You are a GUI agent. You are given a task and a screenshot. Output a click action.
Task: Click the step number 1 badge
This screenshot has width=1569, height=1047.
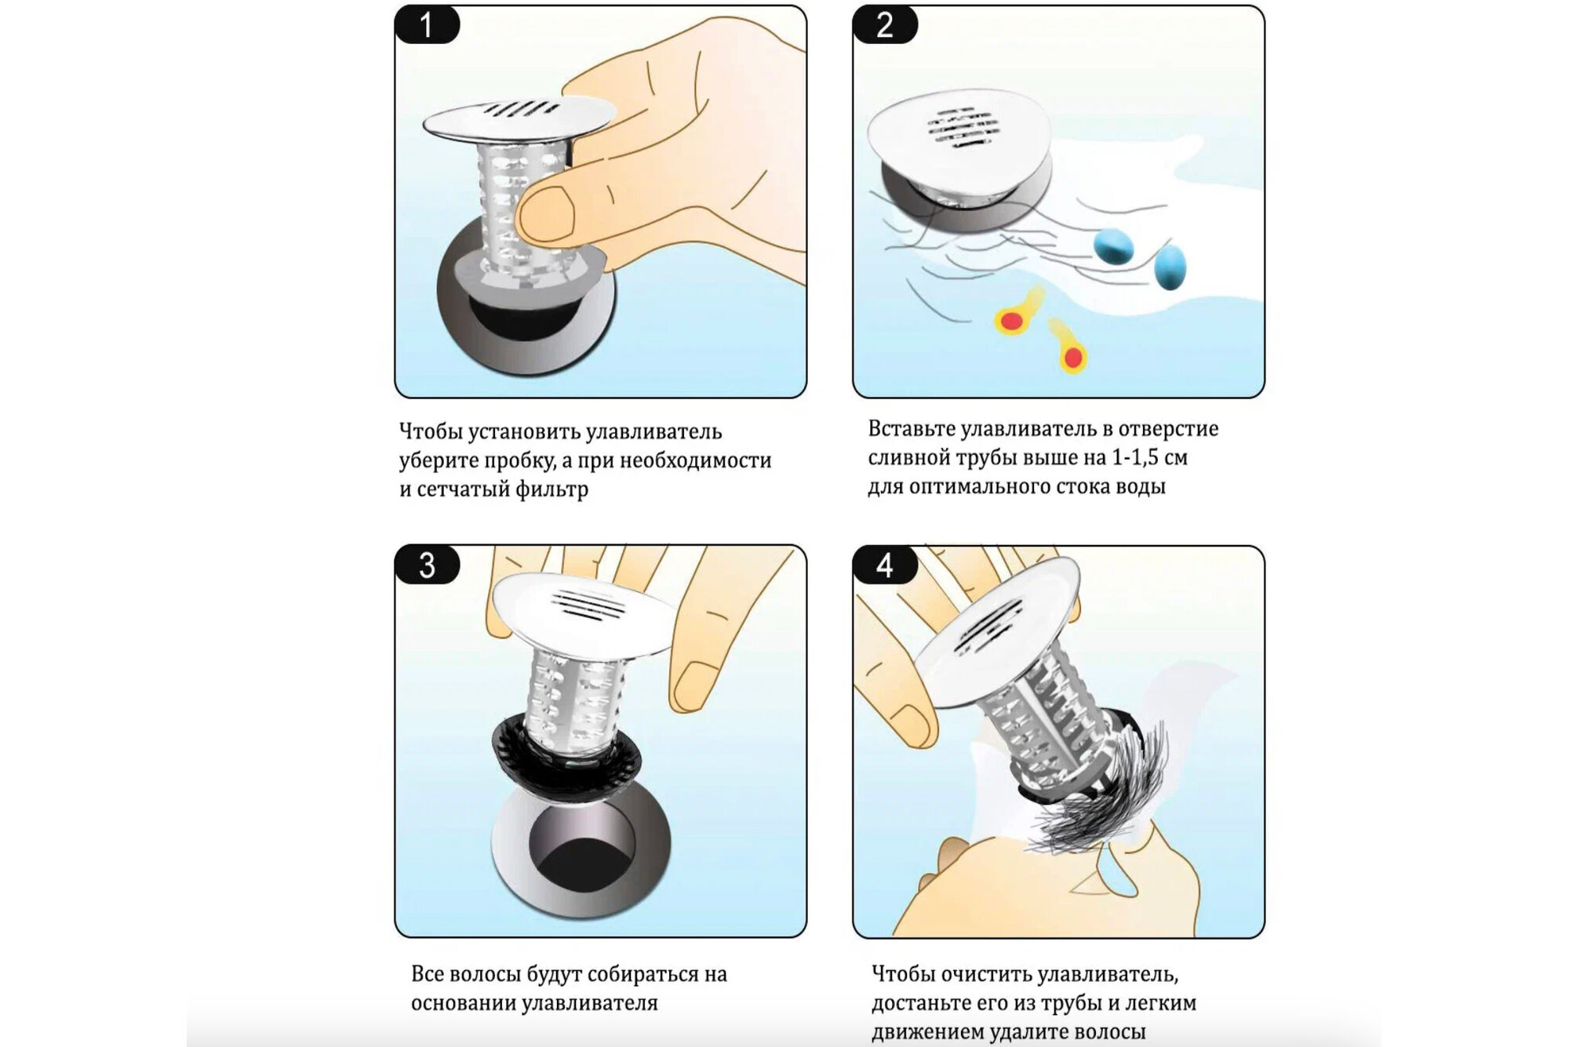[x=427, y=24]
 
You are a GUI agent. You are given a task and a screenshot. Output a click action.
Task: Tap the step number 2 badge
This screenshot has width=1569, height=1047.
[x=885, y=24]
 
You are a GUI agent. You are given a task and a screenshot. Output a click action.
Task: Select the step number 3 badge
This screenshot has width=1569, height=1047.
[x=427, y=565]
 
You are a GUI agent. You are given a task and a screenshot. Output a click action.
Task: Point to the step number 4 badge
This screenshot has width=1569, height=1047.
[x=885, y=565]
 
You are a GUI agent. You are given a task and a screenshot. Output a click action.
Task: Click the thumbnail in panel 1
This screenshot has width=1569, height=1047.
[x=544, y=214]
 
